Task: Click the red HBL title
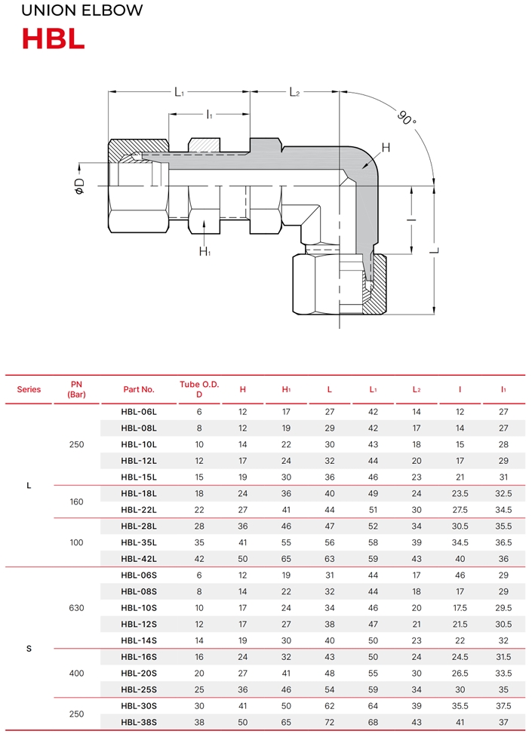54,38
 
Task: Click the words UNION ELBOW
81,10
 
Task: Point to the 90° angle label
407,117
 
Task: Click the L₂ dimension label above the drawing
294,92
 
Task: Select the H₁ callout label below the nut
204,251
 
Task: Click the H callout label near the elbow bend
386,148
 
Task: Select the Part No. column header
139,389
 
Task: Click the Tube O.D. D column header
199,389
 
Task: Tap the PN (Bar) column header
76,389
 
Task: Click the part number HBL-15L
139,477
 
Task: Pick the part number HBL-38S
139,722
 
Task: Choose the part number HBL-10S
139,608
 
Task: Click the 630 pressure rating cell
76,608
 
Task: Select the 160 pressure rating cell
76,502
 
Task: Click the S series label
29,649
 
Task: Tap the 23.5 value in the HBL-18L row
460,493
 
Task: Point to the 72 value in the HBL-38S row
330,722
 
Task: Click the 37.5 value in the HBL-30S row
503,706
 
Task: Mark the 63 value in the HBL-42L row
330,559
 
